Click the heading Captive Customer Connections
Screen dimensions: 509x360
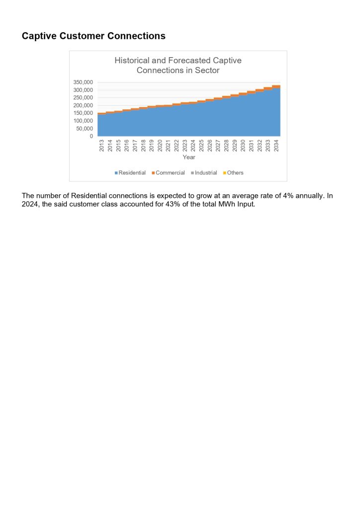tap(93, 36)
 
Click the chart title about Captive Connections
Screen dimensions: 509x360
tap(178, 65)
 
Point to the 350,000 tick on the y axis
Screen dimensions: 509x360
tap(84, 82)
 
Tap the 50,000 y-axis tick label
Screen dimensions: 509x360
tap(85, 128)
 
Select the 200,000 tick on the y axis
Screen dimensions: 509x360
tap(84, 105)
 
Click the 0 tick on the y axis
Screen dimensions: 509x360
tap(91, 136)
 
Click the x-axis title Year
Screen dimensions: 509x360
tap(188, 158)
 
